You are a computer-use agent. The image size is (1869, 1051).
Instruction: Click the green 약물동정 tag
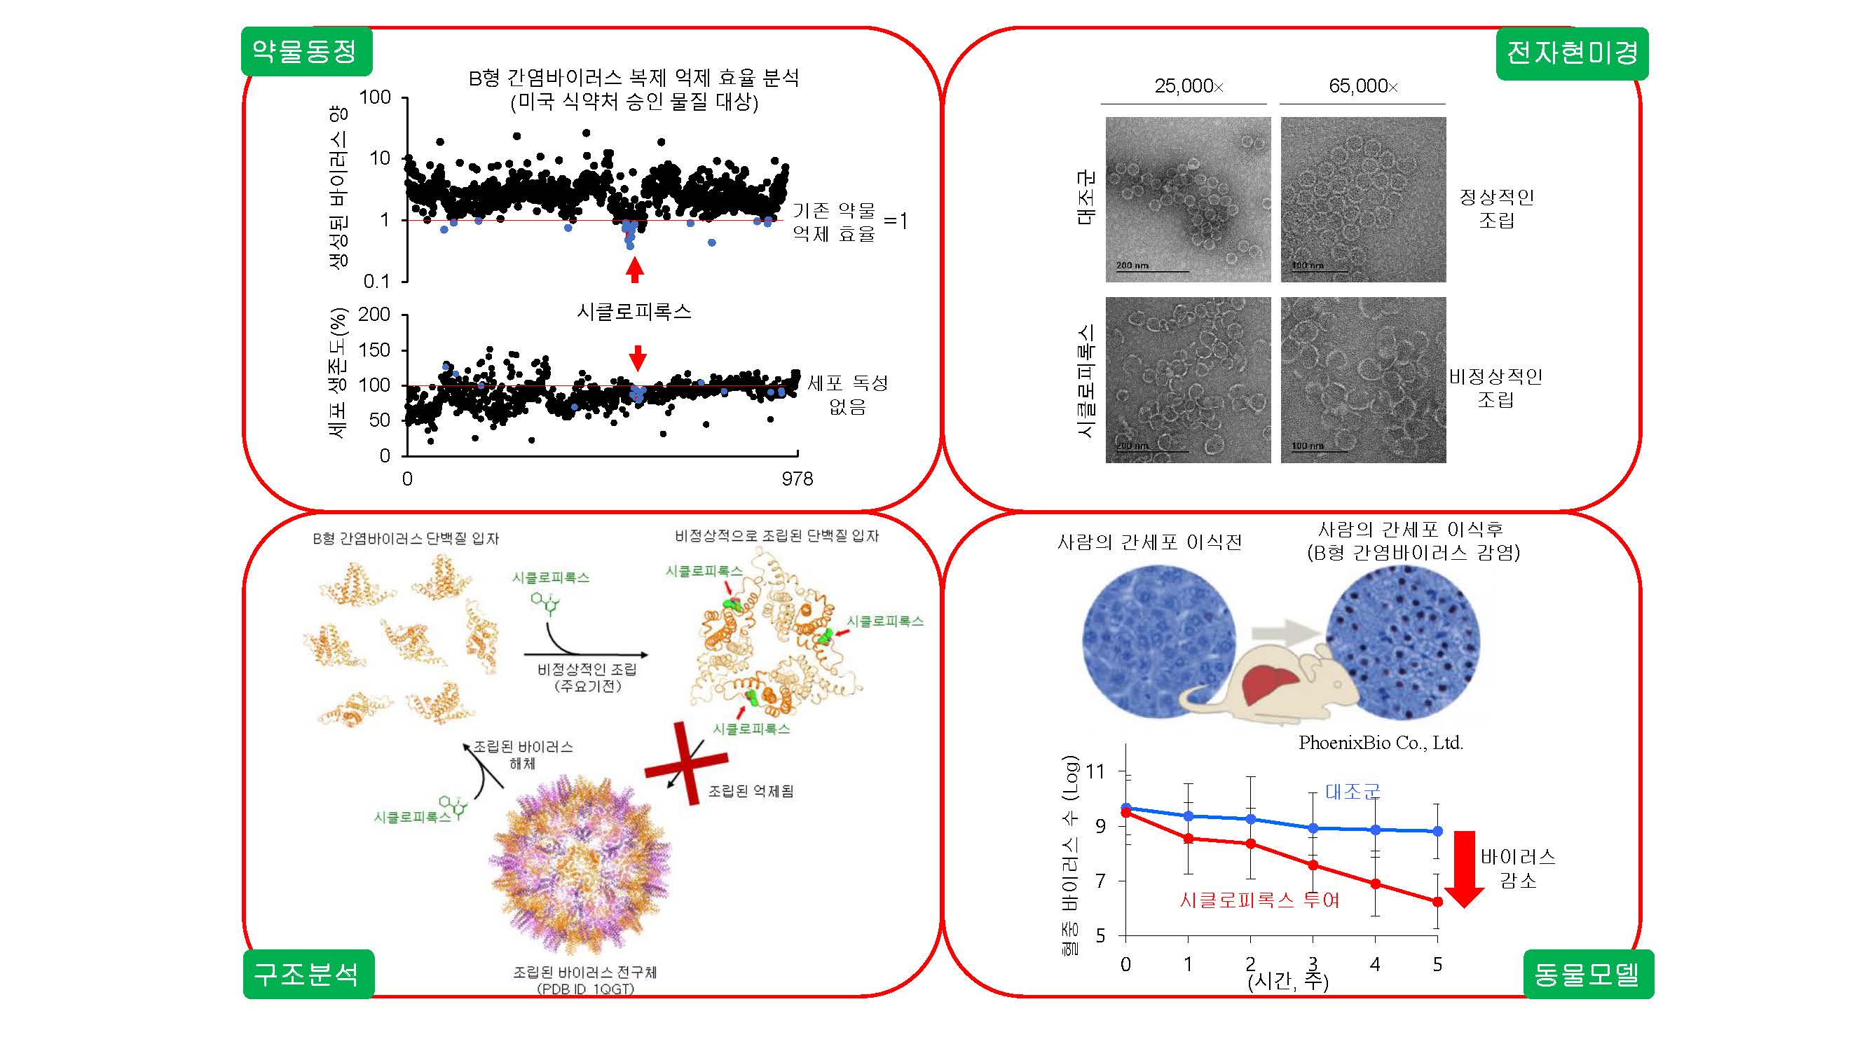pos(306,51)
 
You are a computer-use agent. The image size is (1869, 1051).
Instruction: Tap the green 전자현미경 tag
pos(1572,53)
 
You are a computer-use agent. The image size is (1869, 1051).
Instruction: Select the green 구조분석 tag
pos(308,973)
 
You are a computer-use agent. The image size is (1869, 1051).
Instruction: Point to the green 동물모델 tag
pos(1587,973)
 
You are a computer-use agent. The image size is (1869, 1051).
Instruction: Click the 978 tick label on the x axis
pos(797,479)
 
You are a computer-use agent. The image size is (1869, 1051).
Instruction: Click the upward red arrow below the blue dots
pos(635,270)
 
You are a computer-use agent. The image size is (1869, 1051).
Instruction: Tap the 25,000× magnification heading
pos(1189,86)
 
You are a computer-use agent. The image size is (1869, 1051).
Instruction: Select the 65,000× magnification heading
pos(1362,86)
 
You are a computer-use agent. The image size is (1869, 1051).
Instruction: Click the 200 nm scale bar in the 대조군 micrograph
pos(1151,269)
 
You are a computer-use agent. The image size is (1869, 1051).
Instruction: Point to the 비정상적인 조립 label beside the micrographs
pos(1495,387)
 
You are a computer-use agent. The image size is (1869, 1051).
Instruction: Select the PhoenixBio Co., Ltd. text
pos(1380,743)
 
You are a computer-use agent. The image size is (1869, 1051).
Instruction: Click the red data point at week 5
pos(1437,902)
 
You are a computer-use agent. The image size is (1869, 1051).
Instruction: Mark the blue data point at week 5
pos(1437,831)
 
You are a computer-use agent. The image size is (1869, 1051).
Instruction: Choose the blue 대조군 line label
pos(1353,791)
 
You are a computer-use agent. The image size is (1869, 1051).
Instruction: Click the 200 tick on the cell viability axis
pos(374,315)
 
